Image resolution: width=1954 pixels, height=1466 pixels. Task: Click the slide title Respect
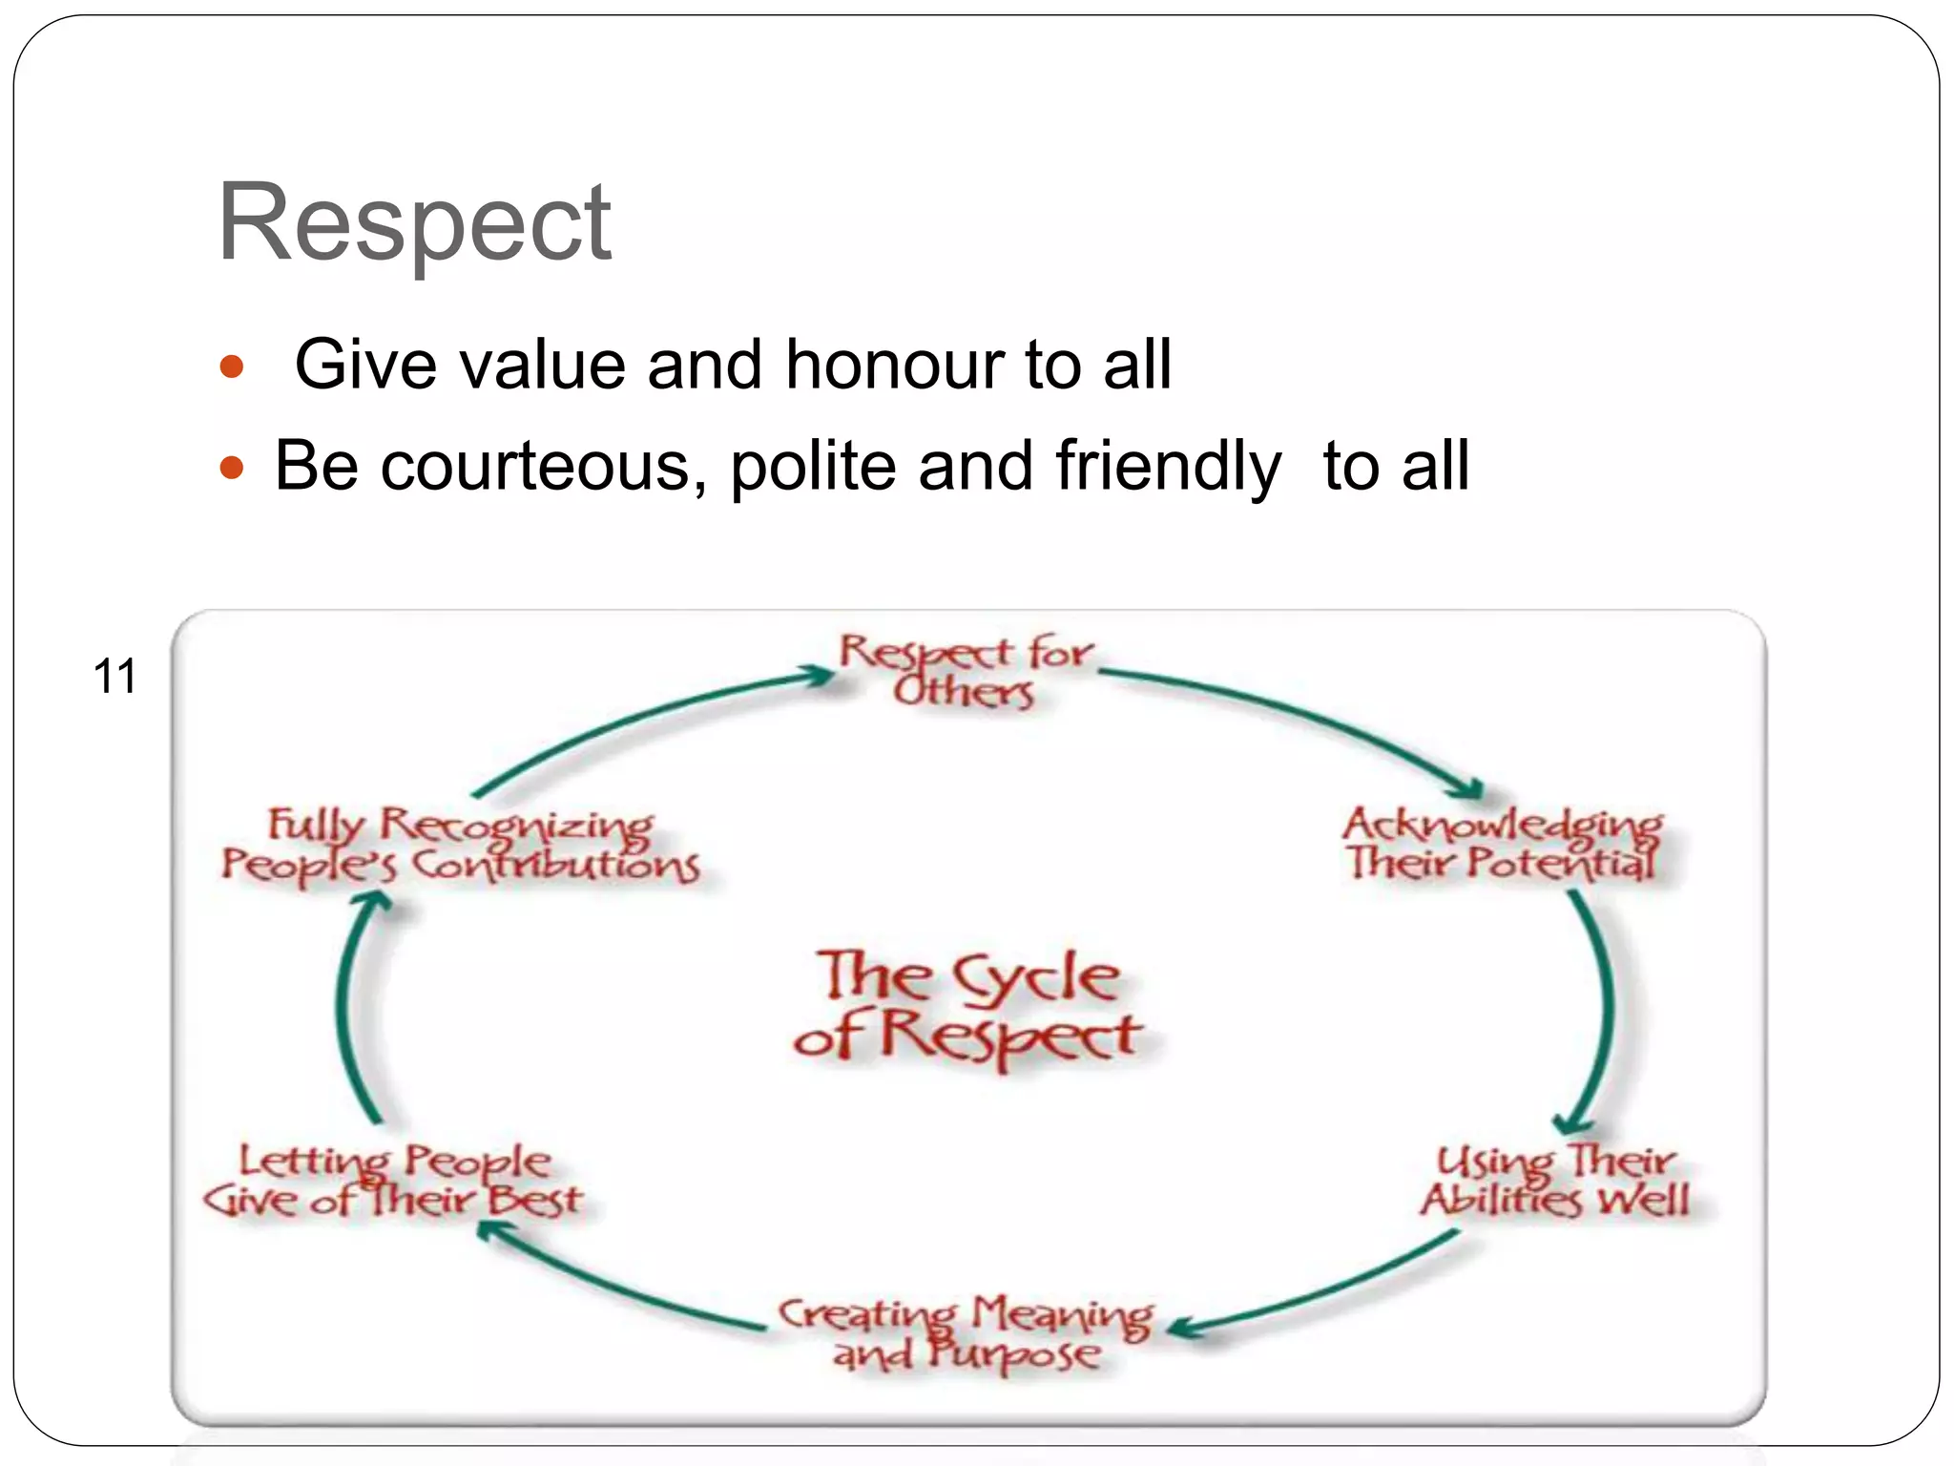click(414, 222)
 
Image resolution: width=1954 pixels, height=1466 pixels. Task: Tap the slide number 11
click(114, 677)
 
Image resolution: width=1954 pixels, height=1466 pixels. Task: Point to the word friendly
click(1168, 467)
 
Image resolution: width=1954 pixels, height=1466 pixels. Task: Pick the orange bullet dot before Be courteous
click(232, 468)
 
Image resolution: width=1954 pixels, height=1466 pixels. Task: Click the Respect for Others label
click(965, 671)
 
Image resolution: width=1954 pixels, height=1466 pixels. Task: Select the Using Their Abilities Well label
click(1554, 1182)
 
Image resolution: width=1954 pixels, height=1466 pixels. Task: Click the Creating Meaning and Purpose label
click(966, 1333)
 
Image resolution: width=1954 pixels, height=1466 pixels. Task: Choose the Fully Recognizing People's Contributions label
click(460, 846)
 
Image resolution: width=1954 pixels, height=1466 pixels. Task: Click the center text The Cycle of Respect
click(967, 1006)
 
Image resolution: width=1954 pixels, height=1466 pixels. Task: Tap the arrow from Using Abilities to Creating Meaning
click(1326, 1288)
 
